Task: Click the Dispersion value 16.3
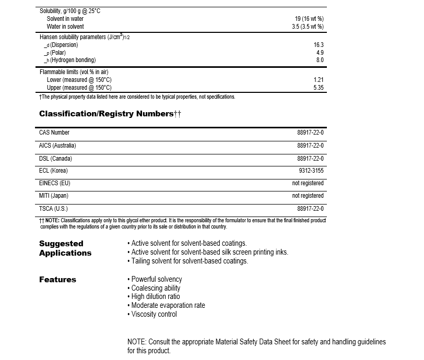[319, 45]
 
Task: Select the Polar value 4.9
[320, 53]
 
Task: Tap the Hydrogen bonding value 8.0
[320, 60]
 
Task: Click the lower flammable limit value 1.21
[319, 80]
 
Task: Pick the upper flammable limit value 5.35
[319, 88]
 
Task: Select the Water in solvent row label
[65, 27]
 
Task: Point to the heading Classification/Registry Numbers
[107, 114]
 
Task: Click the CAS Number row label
[54, 133]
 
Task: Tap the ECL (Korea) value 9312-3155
[311, 171]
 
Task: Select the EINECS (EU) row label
[55, 183]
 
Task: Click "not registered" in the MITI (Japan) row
[308, 196]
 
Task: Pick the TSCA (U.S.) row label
[54, 208]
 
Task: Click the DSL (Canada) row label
[56, 158]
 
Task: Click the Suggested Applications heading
[65, 248]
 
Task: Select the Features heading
[57, 280]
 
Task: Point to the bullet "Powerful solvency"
[156, 280]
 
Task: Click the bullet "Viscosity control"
[154, 314]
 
